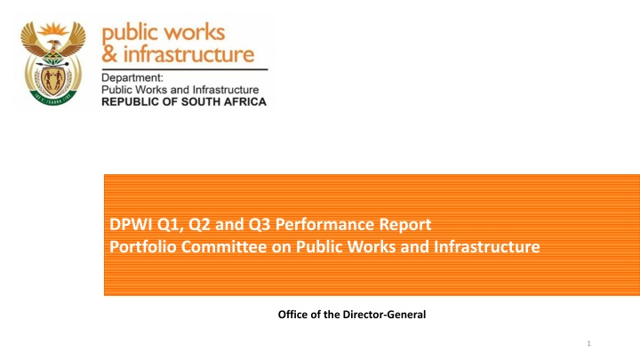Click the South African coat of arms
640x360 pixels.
point(53,63)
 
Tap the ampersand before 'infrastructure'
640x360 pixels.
point(109,54)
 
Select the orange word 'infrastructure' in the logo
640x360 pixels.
point(188,54)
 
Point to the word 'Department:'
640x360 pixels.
point(132,78)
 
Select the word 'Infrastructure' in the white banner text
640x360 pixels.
point(486,246)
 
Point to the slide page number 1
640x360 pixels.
point(588,344)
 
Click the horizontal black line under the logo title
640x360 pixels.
point(185,69)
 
